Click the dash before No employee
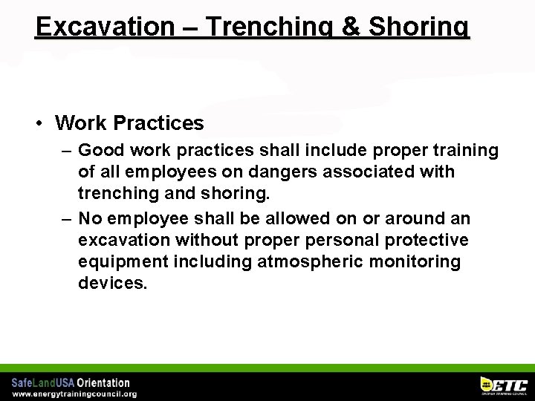pos(67,218)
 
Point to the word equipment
pos(123,262)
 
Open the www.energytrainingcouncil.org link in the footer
pos(74,394)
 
